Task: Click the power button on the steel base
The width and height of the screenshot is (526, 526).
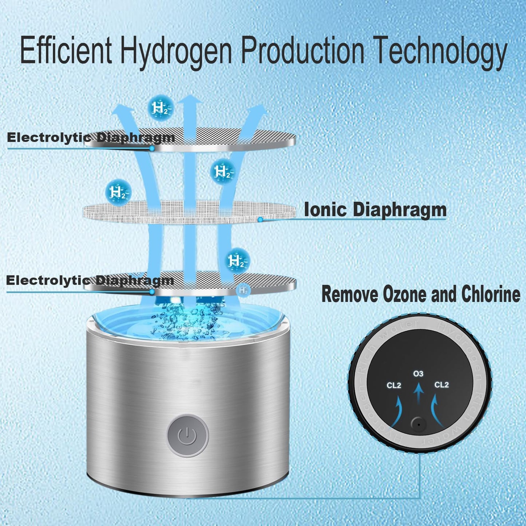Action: tap(187, 435)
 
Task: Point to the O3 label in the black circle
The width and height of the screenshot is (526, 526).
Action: tap(418, 374)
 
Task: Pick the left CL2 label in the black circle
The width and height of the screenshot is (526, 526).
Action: tap(393, 385)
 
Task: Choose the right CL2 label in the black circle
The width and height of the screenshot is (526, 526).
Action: tap(442, 385)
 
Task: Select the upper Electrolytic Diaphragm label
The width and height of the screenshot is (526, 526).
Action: tap(91, 138)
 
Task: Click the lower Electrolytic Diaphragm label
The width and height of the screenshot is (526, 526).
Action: tap(90, 280)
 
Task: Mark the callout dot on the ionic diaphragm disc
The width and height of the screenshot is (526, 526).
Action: tap(260, 220)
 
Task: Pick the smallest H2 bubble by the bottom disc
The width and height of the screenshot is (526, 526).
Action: tap(243, 290)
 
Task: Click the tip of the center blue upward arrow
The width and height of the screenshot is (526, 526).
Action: tap(192, 97)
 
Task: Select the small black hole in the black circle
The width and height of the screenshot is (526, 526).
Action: tap(419, 424)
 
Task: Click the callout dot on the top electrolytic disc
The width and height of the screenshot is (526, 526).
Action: tap(152, 149)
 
